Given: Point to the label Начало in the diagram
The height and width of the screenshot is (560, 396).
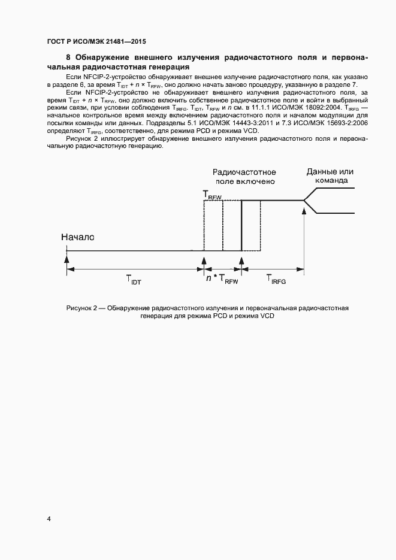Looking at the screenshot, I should (78, 237).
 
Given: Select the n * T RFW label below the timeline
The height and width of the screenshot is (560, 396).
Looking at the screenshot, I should (222, 279).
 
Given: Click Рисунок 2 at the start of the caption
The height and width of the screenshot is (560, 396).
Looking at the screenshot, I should (81, 308).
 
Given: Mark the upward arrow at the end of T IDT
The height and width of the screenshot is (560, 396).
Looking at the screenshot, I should (204, 259).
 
